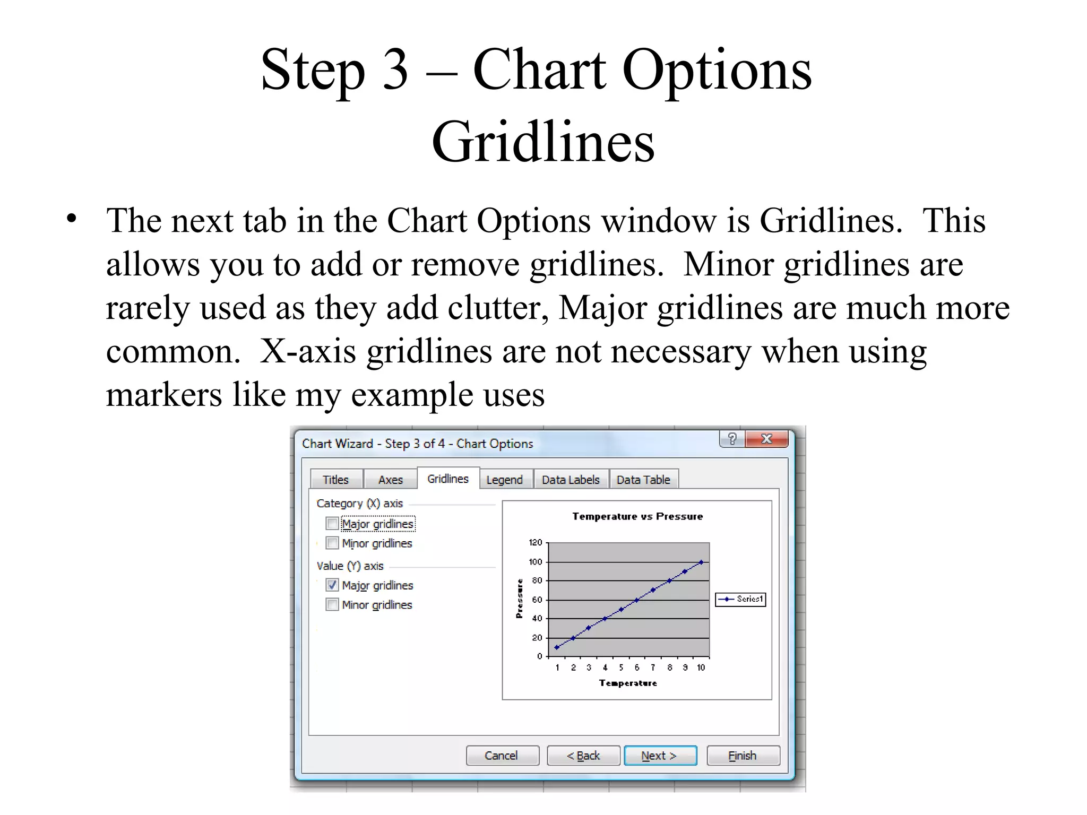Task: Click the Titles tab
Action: coord(336,480)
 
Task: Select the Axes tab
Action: coord(391,480)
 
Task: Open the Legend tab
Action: coord(505,480)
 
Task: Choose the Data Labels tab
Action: coord(571,480)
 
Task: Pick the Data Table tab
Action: coord(643,480)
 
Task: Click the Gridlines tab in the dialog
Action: coord(448,479)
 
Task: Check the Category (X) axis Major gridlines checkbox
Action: coord(332,524)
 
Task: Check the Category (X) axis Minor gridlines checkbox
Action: coord(332,543)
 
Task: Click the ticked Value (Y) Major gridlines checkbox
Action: coord(332,585)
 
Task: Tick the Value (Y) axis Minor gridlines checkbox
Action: coord(332,604)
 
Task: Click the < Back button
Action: coord(583,756)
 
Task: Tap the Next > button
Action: coord(660,756)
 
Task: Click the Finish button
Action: coord(743,756)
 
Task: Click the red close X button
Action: coord(766,439)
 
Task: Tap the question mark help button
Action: coord(732,439)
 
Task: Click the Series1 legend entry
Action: coord(741,599)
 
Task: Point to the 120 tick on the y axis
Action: coord(536,542)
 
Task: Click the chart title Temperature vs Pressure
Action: coord(637,516)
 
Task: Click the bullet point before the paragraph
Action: coord(72,218)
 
